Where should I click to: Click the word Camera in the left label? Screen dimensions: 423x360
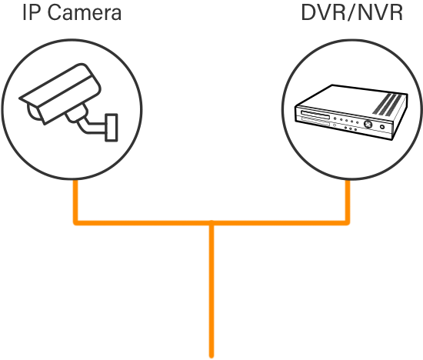[x=85, y=12]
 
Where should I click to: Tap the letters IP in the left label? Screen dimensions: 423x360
[x=32, y=12]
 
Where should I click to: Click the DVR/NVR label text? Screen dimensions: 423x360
[x=351, y=12]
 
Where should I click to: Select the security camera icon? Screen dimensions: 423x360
[x=68, y=102]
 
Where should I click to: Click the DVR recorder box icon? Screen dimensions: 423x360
[x=351, y=112]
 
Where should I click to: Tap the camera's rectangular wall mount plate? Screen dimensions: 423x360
[x=112, y=128]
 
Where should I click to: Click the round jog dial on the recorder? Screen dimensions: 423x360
[x=368, y=124]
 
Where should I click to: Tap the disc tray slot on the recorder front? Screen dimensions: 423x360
[x=315, y=115]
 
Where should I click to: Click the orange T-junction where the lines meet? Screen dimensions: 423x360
[x=211, y=223]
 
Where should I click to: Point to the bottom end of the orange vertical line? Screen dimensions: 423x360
[x=211, y=356]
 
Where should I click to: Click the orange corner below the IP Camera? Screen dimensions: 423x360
[x=76, y=223]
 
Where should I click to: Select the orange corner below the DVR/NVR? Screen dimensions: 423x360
[x=348, y=223]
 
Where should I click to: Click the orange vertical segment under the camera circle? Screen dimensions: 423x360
[x=76, y=201]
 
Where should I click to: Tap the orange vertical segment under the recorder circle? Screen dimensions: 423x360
[x=348, y=201]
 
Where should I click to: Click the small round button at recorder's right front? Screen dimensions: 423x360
[x=382, y=127]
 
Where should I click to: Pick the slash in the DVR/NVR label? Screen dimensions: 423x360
[x=352, y=12]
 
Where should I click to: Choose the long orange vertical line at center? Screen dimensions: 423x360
[x=211, y=289]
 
